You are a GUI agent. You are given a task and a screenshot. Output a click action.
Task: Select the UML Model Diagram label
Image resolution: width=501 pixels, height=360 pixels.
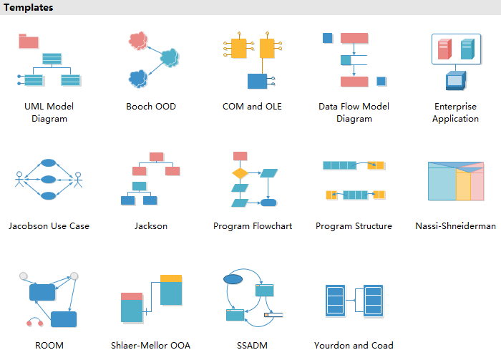[49, 113]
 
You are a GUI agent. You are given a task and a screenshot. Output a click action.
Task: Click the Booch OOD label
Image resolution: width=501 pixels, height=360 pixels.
[151, 107]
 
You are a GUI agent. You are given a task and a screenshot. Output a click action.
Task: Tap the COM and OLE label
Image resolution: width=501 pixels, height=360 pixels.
[253, 107]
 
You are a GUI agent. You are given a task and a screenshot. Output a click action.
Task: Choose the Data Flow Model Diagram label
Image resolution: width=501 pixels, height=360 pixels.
[354, 113]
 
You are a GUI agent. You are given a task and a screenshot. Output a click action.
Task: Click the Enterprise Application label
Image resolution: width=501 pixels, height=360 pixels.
[455, 113]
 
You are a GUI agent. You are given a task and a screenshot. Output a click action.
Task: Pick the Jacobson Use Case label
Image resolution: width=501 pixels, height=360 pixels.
[49, 226]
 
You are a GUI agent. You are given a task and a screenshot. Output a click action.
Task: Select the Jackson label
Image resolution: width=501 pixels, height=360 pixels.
[151, 226]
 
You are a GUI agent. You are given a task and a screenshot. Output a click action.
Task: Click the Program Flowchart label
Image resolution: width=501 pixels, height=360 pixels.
[253, 226]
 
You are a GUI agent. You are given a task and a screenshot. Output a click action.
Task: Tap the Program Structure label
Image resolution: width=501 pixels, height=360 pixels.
[354, 226]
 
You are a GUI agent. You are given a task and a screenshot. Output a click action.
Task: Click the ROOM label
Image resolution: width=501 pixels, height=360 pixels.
[49, 346]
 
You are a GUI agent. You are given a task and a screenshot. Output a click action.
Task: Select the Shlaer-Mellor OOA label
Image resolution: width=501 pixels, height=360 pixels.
[151, 346]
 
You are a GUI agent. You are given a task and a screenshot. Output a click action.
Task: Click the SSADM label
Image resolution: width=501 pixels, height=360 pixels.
[252, 346]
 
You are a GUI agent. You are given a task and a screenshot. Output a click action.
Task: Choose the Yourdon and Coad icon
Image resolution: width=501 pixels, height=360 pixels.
[354, 301]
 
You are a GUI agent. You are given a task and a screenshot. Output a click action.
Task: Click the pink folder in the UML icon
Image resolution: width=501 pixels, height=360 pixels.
[29, 41]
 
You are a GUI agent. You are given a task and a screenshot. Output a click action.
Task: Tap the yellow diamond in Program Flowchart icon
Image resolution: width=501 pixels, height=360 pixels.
[240, 173]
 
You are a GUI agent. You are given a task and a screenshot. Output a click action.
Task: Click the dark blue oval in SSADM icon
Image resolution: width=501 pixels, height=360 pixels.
[233, 278]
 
